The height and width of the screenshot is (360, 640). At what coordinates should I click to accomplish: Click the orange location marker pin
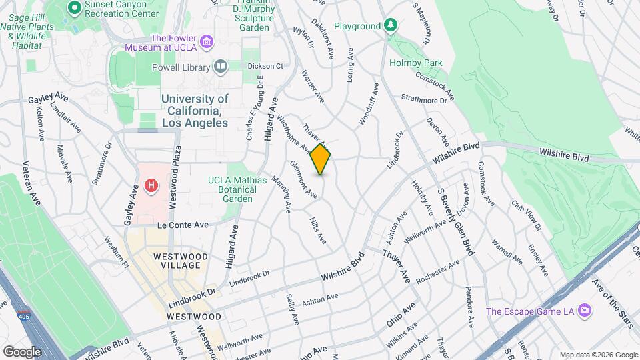pos(321,159)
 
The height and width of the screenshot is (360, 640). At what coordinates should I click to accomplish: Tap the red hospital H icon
pos(153,185)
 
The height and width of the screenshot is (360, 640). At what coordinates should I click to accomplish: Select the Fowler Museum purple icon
pos(206,43)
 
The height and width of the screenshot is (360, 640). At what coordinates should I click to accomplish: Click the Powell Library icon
pos(219,66)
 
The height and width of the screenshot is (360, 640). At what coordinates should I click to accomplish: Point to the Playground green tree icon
pos(391,26)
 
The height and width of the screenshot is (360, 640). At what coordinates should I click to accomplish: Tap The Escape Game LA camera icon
pos(585,311)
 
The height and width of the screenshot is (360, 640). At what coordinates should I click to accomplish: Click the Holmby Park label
pos(416,63)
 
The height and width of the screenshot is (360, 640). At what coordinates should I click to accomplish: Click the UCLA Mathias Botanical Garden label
pos(237,189)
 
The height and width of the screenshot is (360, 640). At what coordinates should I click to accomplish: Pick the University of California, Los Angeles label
pos(195,111)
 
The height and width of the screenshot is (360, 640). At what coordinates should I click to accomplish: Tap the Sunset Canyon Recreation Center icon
pos(74,8)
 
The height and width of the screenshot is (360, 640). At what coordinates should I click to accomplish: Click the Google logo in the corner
pos(22,351)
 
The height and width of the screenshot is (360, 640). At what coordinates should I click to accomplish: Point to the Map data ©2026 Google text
pos(598,355)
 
